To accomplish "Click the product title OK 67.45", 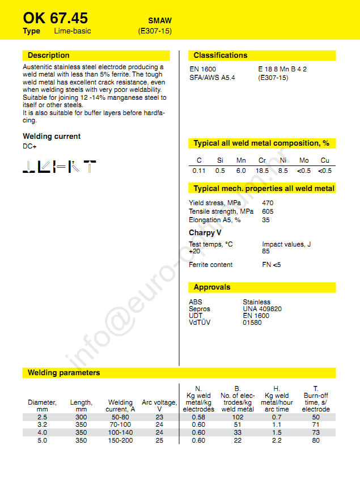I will [x=56, y=18].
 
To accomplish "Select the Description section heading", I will [x=49, y=56].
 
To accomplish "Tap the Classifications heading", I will [x=221, y=56].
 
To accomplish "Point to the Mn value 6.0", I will [x=241, y=171].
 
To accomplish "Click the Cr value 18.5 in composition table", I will [x=262, y=171].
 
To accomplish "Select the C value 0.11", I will [x=199, y=171].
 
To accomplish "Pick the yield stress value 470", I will [x=268, y=203].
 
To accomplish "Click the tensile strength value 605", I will [x=268, y=211].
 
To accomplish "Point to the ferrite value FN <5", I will [x=272, y=265].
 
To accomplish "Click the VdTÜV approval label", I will [x=200, y=322].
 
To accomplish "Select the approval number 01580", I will [x=252, y=322].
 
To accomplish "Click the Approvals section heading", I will [x=212, y=287].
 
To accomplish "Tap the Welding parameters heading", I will [x=64, y=373].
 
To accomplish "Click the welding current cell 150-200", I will [x=120, y=440].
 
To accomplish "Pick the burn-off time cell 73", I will [x=316, y=432].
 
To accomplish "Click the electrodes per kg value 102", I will [x=238, y=417].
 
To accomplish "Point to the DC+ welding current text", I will [x=30, y=147].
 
